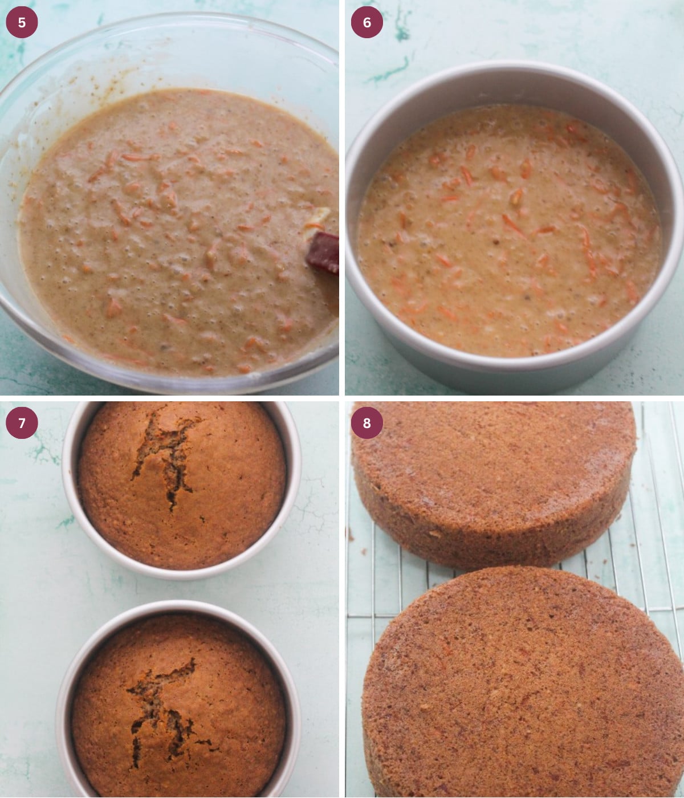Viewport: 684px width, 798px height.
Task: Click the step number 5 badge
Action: coord(22,22)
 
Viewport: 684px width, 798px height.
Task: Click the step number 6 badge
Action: coord(367,22)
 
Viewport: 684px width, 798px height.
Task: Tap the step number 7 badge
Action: coord(22,423)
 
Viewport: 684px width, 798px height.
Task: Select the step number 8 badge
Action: coord(367,423)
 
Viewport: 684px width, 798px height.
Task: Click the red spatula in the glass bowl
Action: coord(324,253)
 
